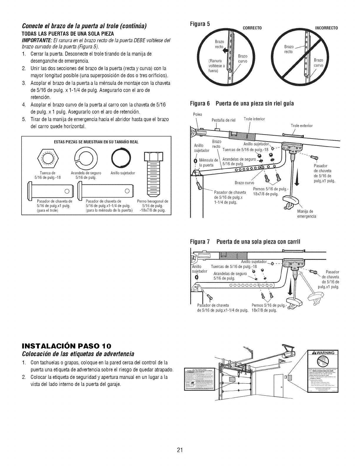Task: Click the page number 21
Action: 180,441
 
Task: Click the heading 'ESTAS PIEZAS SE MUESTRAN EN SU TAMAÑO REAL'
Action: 96,142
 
